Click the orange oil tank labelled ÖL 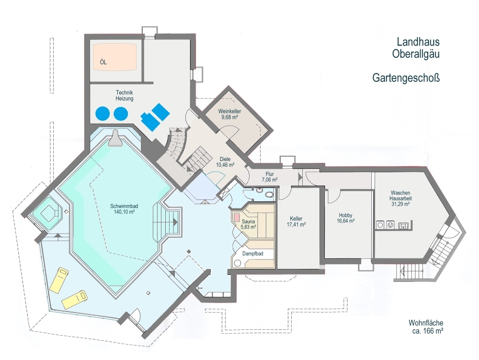point(114,58)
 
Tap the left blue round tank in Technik point(103,114)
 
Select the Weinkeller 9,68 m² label point(230,114)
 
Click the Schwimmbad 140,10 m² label point(124,209)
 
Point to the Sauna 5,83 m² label point(248,224)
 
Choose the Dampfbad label point(252,254)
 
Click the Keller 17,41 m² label point(297,221)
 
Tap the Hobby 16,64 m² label point(345,218)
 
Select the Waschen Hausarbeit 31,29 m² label point(400,198)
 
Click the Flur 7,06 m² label point(269,177)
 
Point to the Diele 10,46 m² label point(225,162)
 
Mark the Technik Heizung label point(125,95)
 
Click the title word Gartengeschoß point(406,78)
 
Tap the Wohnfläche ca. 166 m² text point(426,327)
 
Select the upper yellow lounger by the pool point(61,280)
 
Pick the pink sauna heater point(237,217)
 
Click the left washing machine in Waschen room point(380,225)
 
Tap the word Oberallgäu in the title point(416,54)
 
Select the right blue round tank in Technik point(121,114)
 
